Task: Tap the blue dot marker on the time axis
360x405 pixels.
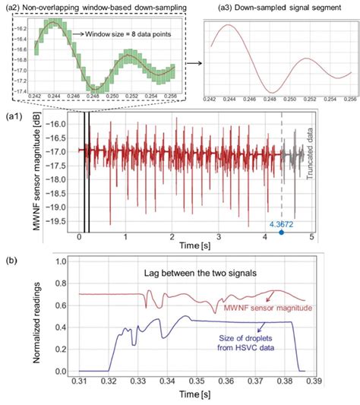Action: click(282, 233)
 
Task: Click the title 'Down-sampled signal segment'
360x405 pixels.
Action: click(280, 7)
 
